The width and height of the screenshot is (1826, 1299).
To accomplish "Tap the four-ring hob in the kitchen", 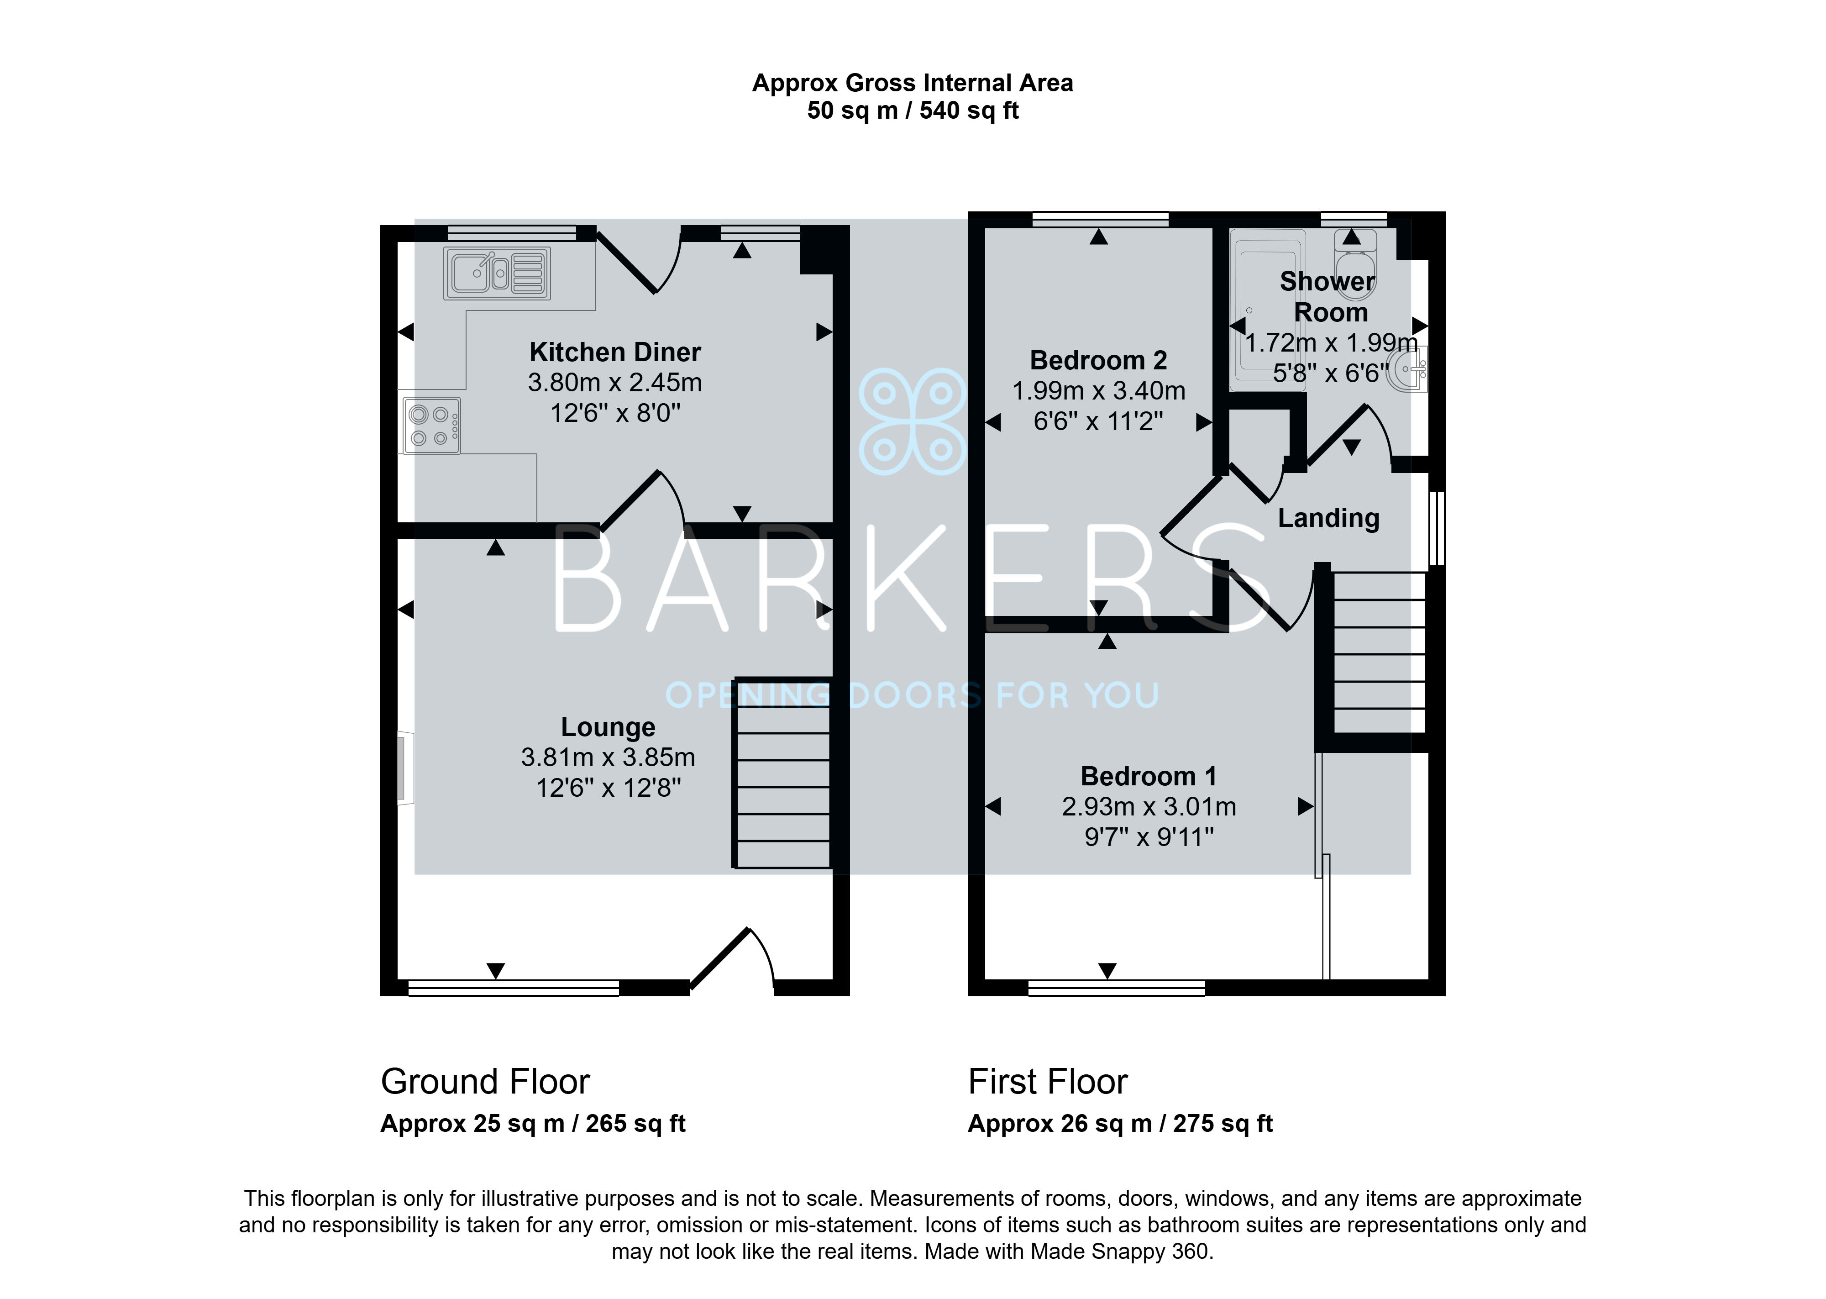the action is (432, 426).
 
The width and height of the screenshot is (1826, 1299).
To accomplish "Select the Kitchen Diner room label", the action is (615, 352).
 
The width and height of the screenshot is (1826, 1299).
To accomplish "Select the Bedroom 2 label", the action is (1098, 361).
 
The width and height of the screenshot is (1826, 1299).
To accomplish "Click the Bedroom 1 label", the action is (1149, 776).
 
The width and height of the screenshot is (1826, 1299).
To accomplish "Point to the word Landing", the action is (1329, 518).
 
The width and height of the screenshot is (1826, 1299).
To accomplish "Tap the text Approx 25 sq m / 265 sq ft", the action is (533, 1124).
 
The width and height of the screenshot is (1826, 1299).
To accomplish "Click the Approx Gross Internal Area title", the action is (912, 83).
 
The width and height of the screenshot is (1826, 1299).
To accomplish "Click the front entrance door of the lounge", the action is (731, 960).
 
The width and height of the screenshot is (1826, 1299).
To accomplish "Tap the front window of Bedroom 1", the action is (1116, 988).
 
